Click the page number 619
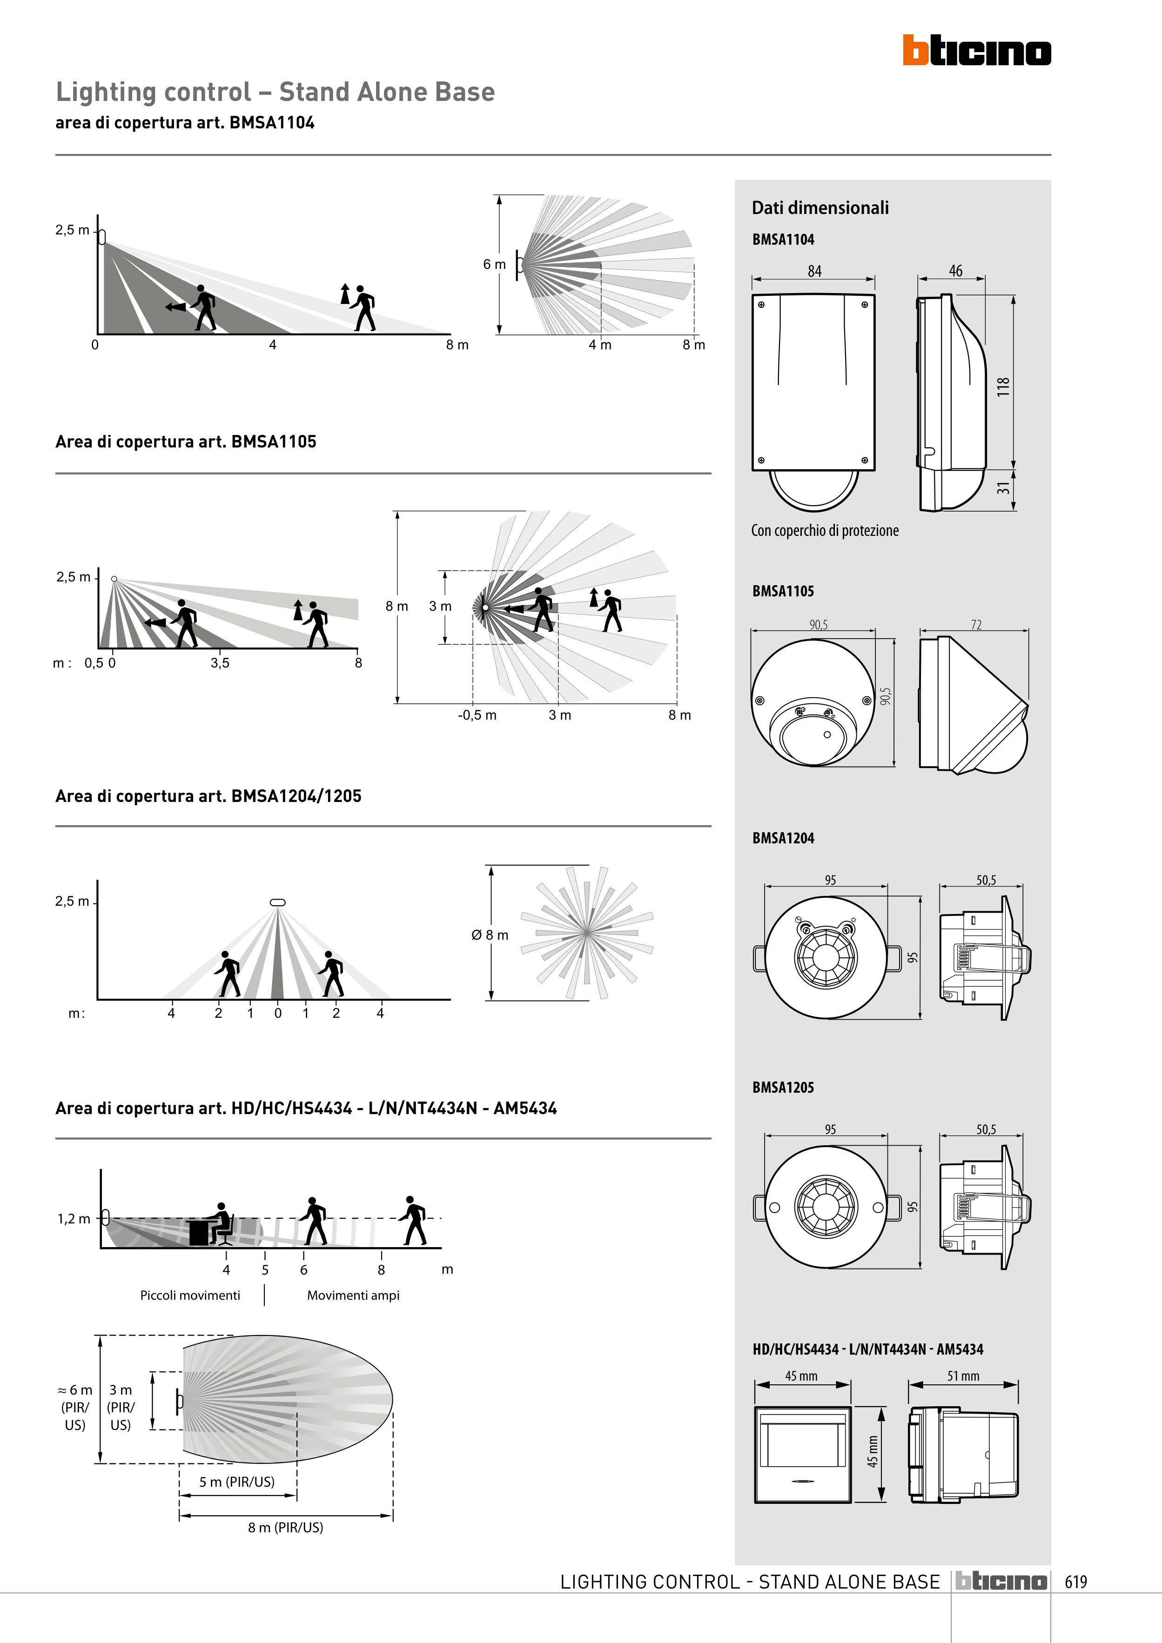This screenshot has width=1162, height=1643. coord(1075,1582)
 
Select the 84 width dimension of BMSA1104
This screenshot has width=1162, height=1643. coord(814,271)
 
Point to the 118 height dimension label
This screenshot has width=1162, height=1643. coord(1003,387)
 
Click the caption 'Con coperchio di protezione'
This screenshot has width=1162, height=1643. coord(824,530)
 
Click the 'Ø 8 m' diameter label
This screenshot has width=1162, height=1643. coord(490,935)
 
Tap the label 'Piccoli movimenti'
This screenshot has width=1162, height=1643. coord(190,1295)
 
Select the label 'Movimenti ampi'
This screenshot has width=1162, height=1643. coord(353,1295)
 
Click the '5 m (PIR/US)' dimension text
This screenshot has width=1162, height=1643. coord(237,1481)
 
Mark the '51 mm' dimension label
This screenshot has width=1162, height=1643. coord(963,1376)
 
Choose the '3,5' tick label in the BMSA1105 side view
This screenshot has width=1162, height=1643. coord(220,662)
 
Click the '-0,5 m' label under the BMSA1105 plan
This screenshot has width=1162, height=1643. coord(477,715)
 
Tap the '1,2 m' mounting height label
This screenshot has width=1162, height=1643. coord(74,1219)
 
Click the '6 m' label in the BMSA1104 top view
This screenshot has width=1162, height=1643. coord(494,264)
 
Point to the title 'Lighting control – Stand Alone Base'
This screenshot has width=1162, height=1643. coord(275,92)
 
